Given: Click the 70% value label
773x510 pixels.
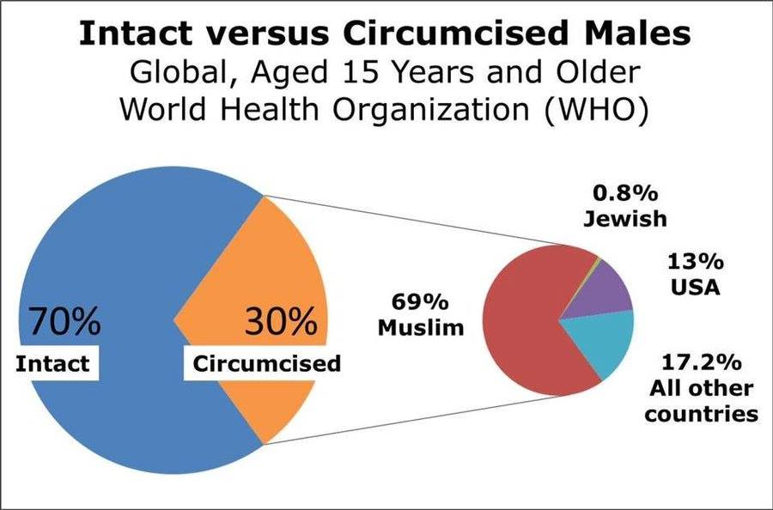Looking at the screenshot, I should (65, 323).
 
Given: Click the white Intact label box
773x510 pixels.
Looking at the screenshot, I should (52, 363).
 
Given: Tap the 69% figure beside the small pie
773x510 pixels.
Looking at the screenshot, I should (420, 303).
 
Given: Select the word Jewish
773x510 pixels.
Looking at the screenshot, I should (624, 219).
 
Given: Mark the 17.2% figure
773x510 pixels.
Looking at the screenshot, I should (701, 361).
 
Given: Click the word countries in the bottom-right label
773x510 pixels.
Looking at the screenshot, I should (701, 414).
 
